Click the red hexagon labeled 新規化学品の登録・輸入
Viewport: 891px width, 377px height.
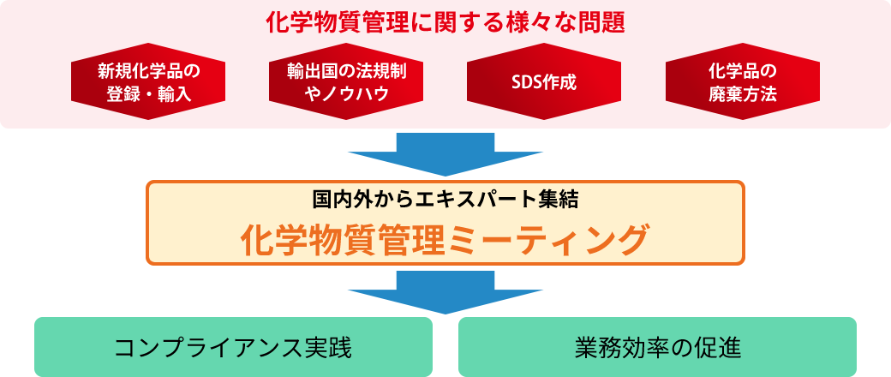pyautogui.click(x=148, y=81)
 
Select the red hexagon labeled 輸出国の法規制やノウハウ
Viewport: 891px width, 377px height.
pyautogui.click(x=346, y=81)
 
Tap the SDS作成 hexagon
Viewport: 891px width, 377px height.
pyautogui.click(x=544, y=81)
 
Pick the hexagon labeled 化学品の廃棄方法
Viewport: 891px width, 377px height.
pyautogui.click(x=742, y=81)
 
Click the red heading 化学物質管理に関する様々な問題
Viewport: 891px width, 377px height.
pyautogui.click(x=445, y=23)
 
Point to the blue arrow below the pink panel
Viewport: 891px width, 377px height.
pyautogui.click(x=445, y=154)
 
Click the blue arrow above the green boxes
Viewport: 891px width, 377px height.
pyautogui.click(x=445, y=292)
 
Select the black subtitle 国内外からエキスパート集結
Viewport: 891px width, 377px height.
pyautogui.click(x=445, y=199)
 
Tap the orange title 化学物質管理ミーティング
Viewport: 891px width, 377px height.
pyautogui.click(x=445, y=241)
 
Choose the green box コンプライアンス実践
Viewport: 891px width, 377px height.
pyautogui.click(x=234, y=347)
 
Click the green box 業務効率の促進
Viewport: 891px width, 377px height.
pyautogui.click(x=657, y=347)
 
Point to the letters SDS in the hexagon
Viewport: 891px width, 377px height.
pyautogui.click(x=524, y=82)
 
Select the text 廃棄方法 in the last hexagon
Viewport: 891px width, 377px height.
pyautogui.click(x=742, y=94)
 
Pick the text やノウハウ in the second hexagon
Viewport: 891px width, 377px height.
pyautogui.click(x=346, y=94)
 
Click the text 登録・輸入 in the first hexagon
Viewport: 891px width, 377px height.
pyautogui.click(x=148, y=94)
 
